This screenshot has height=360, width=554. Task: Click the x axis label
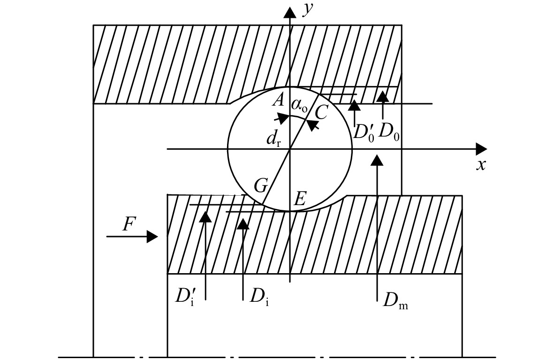tap(480, 165)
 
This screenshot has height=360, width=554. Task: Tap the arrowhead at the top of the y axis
tap(290, 13)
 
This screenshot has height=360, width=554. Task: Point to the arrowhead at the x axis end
tap(481, 149)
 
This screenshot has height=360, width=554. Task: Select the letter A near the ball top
tap(279, 100)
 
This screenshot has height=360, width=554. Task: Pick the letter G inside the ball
tap(261, 185)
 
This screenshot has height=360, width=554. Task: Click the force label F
tap(129, 224)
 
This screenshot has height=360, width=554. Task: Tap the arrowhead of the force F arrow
tap(152, 237)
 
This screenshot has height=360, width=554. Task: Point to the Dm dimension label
tap(395, 301)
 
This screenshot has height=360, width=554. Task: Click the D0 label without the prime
tap(389, 132)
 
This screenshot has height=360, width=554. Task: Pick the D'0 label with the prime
tap(364, 132)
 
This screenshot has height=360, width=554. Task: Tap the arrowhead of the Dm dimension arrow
tap(378, 160)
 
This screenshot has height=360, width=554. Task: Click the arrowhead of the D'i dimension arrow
tap(205, 216)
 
